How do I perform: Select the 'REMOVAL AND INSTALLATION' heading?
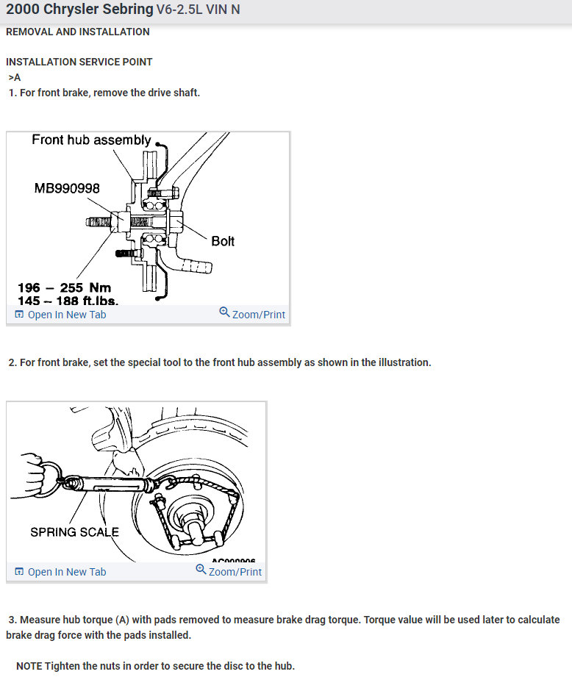[77, 32]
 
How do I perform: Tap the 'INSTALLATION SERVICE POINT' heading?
[79, 62]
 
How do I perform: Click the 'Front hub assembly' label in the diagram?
[91, 140]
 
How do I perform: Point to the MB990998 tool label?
[67, 189]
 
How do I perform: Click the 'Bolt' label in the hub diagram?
[223, 241]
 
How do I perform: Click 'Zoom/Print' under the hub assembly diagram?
[258, 315]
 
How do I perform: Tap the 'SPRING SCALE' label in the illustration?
[74, 531]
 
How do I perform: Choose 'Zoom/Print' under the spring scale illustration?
[235, 572]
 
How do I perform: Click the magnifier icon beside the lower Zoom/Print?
[201, 570]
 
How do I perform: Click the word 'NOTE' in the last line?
[29, 666]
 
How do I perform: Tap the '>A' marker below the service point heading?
[15, 77]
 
